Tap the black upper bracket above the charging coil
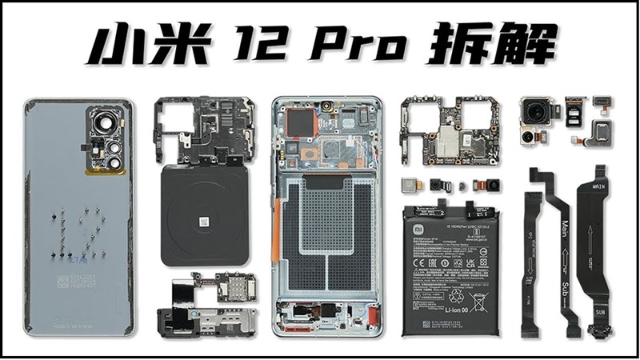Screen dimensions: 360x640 pos(204,132)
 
